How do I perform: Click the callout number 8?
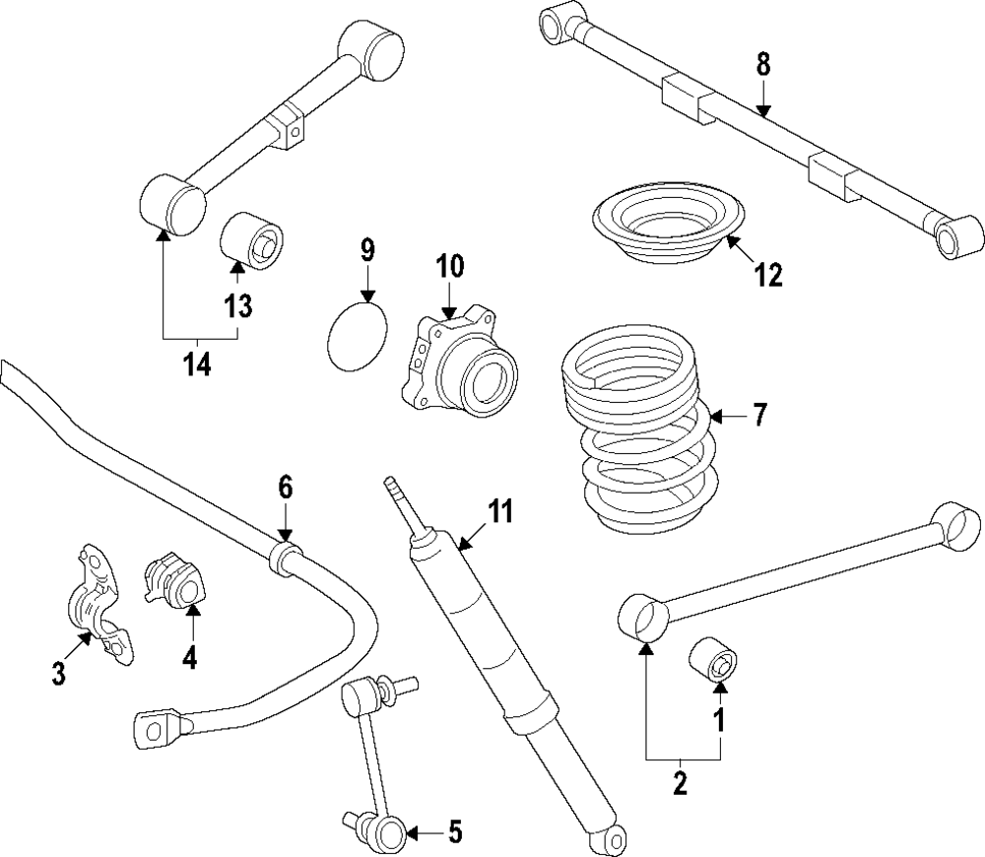tap(763, 66)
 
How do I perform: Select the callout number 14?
tap(197, 364)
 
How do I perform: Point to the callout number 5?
tap(455, 833)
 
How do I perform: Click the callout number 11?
tap(501, 511)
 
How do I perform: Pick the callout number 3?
tap(59, 674)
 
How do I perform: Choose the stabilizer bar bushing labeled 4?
tap(177, 583)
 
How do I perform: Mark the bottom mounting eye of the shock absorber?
tap(612, 837)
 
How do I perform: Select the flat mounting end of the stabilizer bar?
tap(150, 727)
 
